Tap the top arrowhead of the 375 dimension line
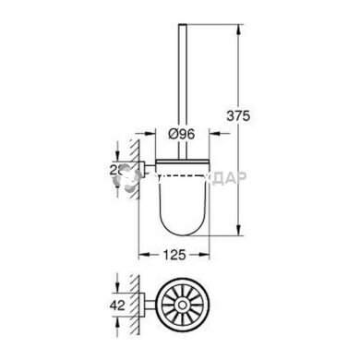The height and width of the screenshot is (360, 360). (241, 20)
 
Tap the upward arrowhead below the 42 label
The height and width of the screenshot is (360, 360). (118, 319)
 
